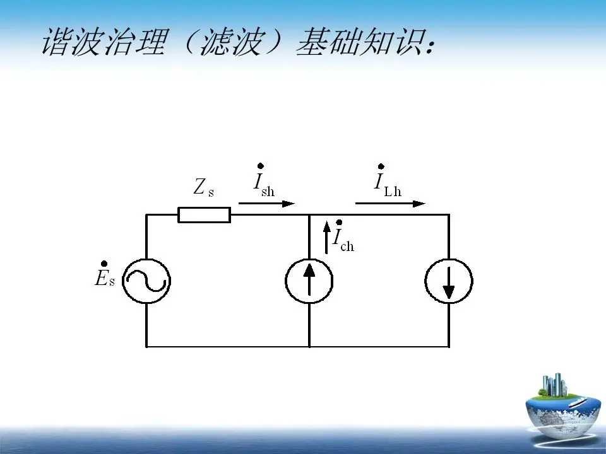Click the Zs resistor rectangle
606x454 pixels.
(204, 215)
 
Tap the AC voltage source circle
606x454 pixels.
(146, 281)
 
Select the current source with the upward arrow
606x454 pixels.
(309, 281)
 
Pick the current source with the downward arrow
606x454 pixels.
(449, 281)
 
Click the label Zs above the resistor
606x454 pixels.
(203, 187)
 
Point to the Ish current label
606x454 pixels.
(263, 183)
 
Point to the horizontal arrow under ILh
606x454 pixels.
(390, 204)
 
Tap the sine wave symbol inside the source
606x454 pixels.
(146, 281)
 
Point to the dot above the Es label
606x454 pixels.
(104, 264)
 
